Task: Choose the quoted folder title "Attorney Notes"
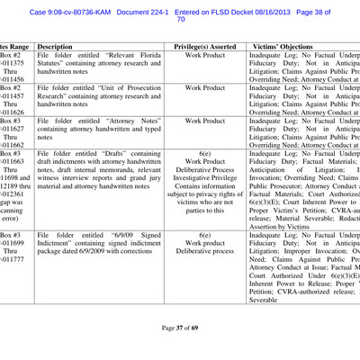[x=113, y=118]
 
